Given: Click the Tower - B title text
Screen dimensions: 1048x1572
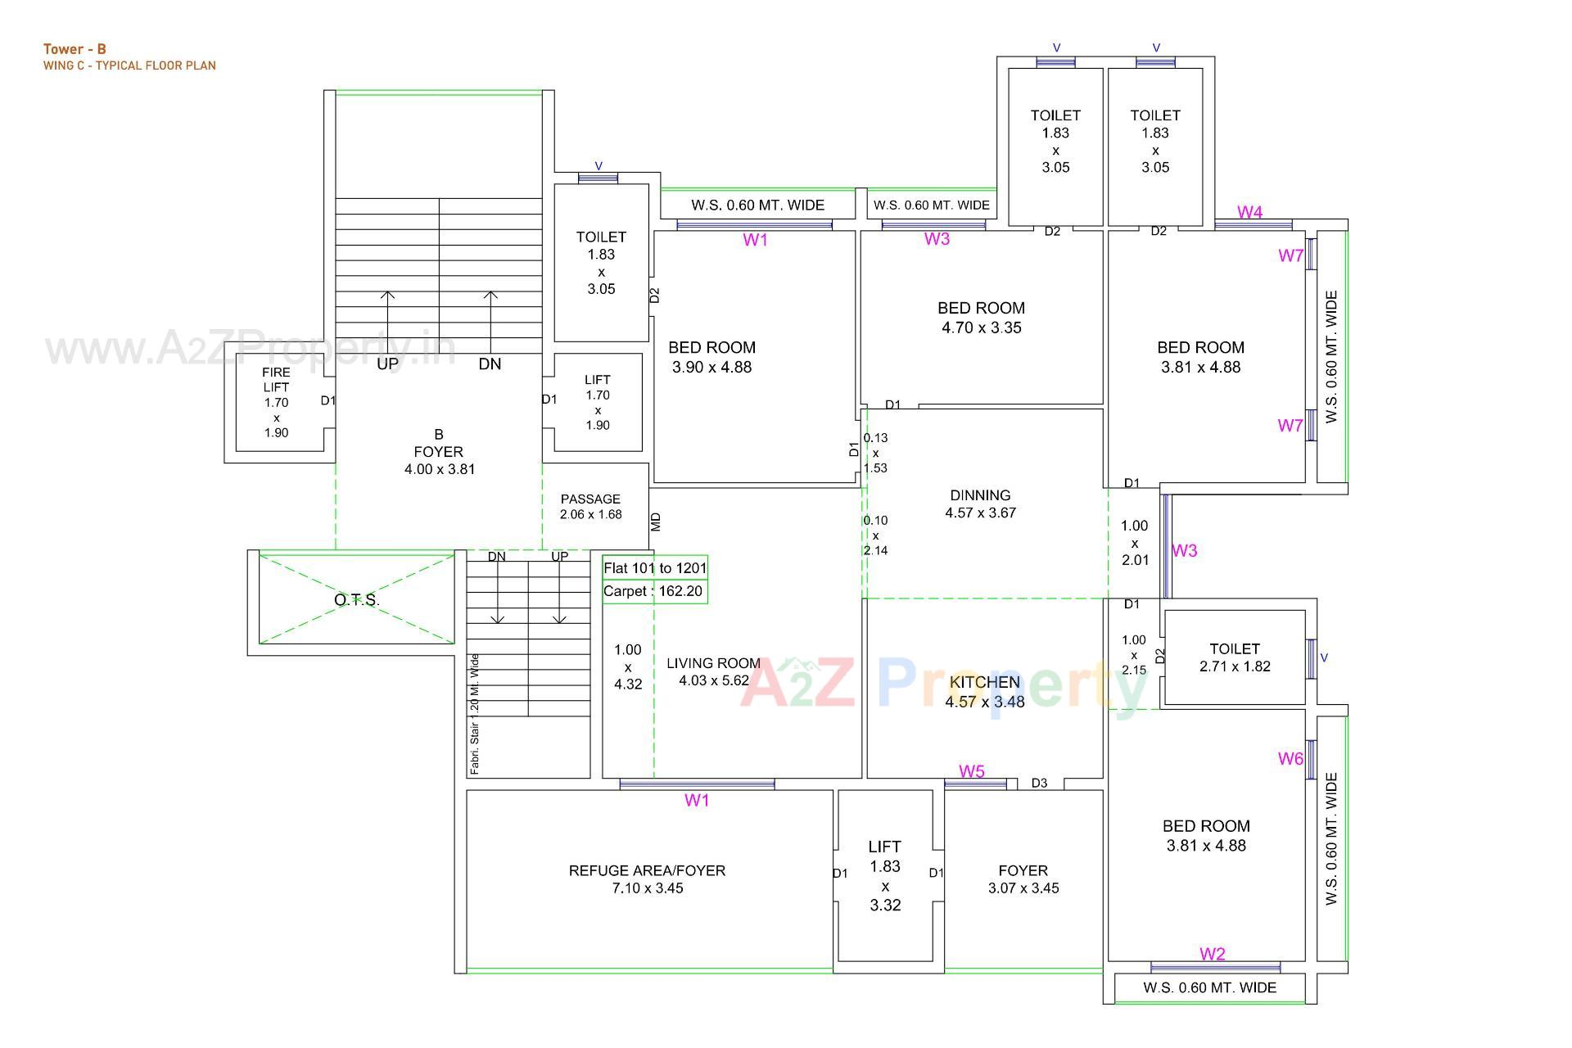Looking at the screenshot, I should pyautogui.click(x=75, y=49).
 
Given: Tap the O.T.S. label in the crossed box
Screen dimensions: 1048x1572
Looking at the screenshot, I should pyautogui.click(x=356, y=600).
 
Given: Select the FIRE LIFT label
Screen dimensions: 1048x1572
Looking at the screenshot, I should pyautogui.click(x=276, y=379).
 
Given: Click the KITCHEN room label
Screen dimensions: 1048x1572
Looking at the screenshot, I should pyautogui.click(x=984, y=682).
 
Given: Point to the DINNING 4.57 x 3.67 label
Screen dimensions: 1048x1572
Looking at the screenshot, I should pyautogui.click(x=980, y=504).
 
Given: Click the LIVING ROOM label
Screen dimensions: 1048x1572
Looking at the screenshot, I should pyautogui.click(x=713, y=663).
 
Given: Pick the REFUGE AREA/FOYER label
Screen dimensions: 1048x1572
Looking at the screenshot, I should pyautogui.click(x=647, y=870).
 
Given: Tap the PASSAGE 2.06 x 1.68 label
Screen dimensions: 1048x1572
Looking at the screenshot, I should pyautogui.click(x=590, y=506).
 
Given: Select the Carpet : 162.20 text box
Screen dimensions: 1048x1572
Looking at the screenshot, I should pyautogui.click(x=653, y=591).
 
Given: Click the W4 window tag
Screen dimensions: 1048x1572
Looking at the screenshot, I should pyautogui.click(x=1249, y=213).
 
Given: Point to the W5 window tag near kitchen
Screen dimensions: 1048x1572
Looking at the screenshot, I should pyautogui.click(x=972, y=771).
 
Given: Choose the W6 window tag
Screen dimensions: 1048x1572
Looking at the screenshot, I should pyautogui.click(x=1290, y=759).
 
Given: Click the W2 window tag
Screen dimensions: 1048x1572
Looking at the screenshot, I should pyautogui.click(x=1213, y=954).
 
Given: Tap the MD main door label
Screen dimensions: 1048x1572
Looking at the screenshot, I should pyautogui.click(x=656, y=522).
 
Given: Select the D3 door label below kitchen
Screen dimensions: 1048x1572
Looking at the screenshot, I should pyautogui.click(x=1039, y=784).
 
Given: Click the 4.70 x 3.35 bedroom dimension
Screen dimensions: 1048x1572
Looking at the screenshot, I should pyautogui.click(x=981, y=327).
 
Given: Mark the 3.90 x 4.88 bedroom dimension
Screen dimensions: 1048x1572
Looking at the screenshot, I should pyautogui.click(x=711, y=367).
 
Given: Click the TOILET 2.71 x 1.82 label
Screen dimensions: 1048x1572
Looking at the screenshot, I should pyautogui.click(x=1235, y=657).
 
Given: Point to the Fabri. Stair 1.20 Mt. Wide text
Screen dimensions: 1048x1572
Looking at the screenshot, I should pyautogui.click(x=475, y=714).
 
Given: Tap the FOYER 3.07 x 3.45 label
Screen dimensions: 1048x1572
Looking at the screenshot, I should pyautogui.click(x=1023, y=879).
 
